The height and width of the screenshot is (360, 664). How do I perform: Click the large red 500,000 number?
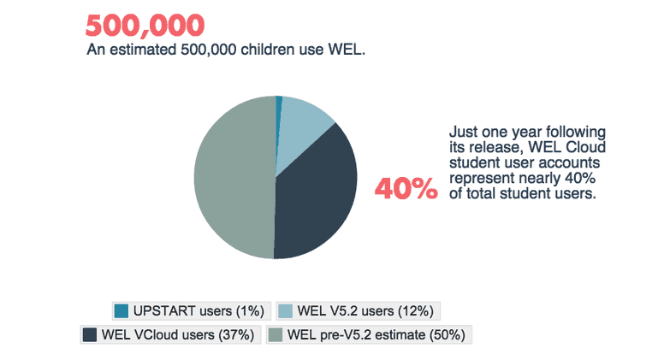point(145,26)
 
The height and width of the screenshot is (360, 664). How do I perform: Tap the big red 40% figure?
point(406,189)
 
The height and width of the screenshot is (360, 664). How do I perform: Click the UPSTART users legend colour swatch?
point(122,311)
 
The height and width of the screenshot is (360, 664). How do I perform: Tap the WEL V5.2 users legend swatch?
point(285,311)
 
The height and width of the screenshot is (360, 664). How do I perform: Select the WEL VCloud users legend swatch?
point(89,334)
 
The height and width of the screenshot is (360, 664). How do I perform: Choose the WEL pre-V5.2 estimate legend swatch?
point(276,334)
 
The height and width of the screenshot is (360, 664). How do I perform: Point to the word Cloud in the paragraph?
point(585,147)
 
